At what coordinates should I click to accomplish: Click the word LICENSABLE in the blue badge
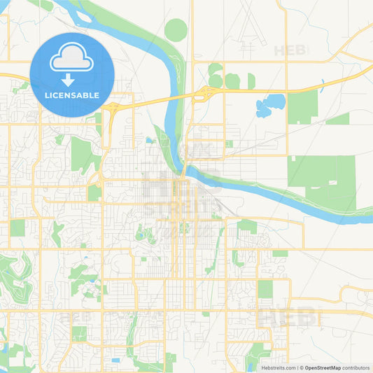(x=72, y=94)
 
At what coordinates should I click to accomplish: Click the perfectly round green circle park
(x=176, y=30)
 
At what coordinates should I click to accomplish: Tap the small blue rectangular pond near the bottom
(x=115, y=360)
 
